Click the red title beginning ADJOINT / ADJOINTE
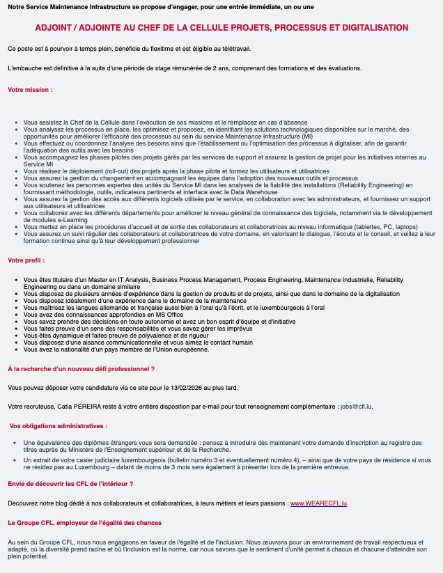(221, 28)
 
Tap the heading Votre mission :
(30, 90)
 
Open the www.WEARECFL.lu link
(318, 502)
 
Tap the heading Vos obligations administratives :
(59, 425)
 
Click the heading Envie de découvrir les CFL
(70, 483)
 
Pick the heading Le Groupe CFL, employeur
(84, 522)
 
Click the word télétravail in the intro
(233, 49)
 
